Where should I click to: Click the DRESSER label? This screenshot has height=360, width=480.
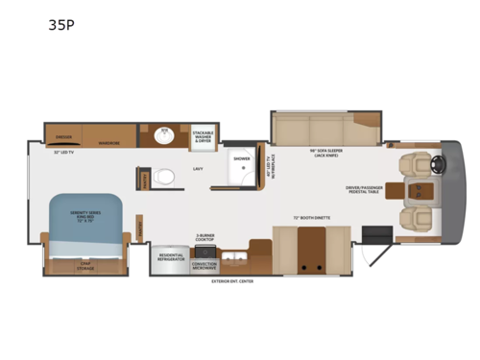tap(64, 136)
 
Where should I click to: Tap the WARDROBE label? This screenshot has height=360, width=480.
tap(108, 143)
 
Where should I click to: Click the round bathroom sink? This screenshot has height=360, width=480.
tap(163, 135)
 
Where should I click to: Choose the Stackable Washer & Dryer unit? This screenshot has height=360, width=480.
tap(202, 135)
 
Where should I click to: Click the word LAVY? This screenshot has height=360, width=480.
tap(198, 169)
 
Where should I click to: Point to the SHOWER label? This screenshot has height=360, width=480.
tap(241, 158)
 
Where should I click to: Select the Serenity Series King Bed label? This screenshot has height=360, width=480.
tap(84, 214)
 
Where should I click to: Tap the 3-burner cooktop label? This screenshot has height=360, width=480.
tap(205, 237)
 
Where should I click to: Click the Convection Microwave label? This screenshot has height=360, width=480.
tap(205, 265)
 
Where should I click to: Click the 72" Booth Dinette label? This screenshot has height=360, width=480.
tap(309, 219)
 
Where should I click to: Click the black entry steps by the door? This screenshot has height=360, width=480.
tap(376, 234)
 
